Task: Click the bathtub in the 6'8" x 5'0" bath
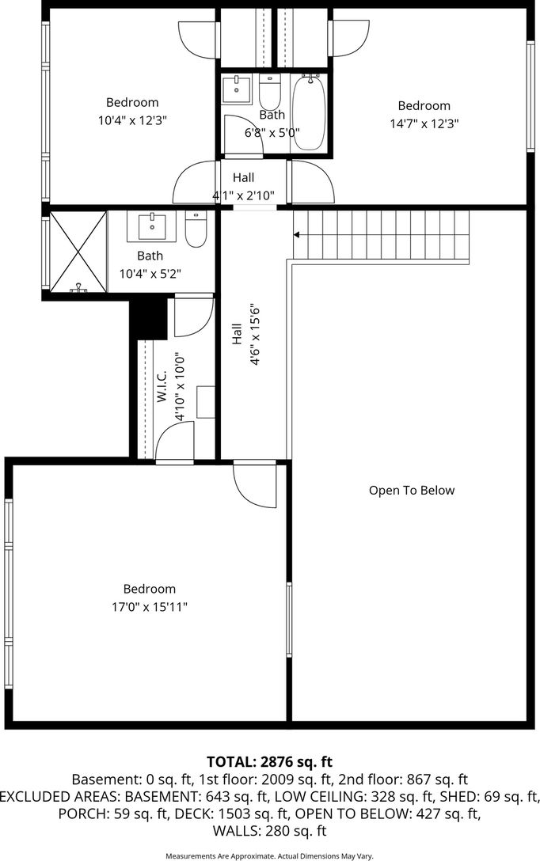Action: (309, 112)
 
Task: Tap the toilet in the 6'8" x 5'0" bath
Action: (270, 93)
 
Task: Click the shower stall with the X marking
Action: (78, 251)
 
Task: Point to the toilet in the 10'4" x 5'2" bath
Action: (195, 229)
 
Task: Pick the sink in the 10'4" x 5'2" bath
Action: (152, 226)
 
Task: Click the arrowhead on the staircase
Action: (296, 235)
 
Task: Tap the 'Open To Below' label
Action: (412, 491)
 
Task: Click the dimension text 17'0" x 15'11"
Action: (150, 607)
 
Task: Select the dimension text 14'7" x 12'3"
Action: (424, 123)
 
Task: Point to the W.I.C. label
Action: (162, 386)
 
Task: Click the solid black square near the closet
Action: (148, 318)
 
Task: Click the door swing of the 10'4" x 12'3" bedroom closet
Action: (199, 40)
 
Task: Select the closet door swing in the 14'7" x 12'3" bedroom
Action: (349, 39)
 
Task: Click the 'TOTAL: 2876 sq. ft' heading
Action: (270, 761)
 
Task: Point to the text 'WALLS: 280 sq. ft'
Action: (269, 831)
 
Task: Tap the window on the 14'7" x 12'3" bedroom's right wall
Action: (530, 96)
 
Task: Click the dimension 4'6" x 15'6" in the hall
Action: (254, 335)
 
